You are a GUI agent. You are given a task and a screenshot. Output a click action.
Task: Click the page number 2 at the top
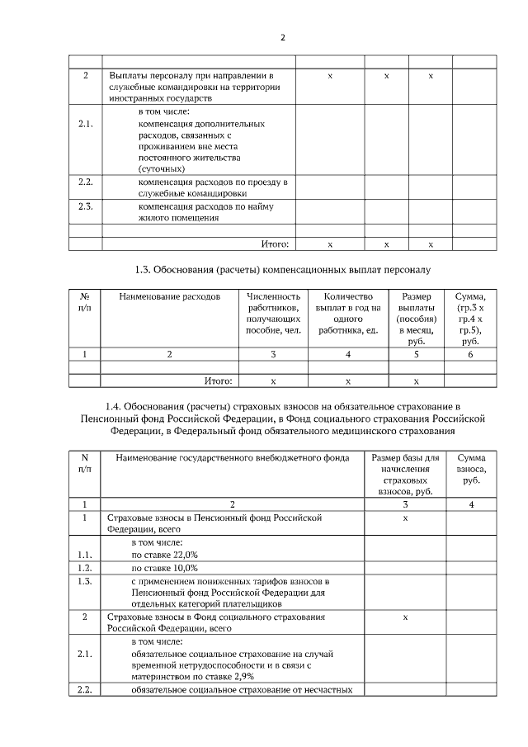pyautogui.click(x=282, y=38)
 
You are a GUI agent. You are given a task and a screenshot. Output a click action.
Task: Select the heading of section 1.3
pyautogui.click(x=282, y=269)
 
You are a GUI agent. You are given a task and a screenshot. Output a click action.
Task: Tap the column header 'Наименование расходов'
pyautogui.click(x=170, y=296)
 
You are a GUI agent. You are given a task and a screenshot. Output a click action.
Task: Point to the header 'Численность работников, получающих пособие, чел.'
pyautogui.click(x=273, y=313)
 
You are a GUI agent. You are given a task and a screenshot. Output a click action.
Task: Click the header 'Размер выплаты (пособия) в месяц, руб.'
pyautogui.click(x=416, y=318)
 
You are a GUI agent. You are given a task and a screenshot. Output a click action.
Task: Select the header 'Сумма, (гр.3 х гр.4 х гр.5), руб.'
pyautogui.click(x=470, y=318)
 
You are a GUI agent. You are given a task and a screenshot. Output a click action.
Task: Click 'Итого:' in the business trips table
pyautogui.click(x=275, y=244)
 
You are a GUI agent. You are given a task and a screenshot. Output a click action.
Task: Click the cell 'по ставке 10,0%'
pyautogui.click(x=164, y=568)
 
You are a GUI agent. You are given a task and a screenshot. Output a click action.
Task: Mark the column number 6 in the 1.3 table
pyautogui.click(x=470, y=353)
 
